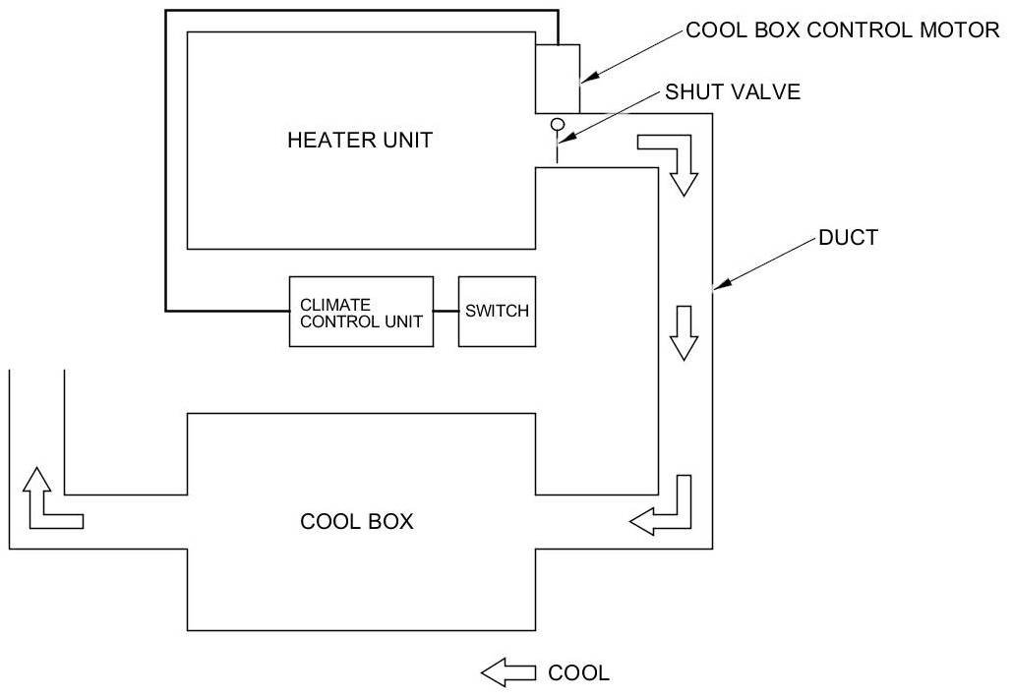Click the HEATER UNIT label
coord(360,141)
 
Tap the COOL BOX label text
coord(357,522)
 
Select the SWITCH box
coord(497,312)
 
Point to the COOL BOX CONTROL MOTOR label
coord(843,29)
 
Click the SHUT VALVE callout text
coord(733,91)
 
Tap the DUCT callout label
coord(848,238)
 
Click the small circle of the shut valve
coord(557,124)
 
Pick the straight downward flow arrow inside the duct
coord(684,332)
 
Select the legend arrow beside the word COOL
coord(508,672)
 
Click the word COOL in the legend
coord(578,672)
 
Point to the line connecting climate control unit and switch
coord(446,312)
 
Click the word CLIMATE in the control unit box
coord(335,304)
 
